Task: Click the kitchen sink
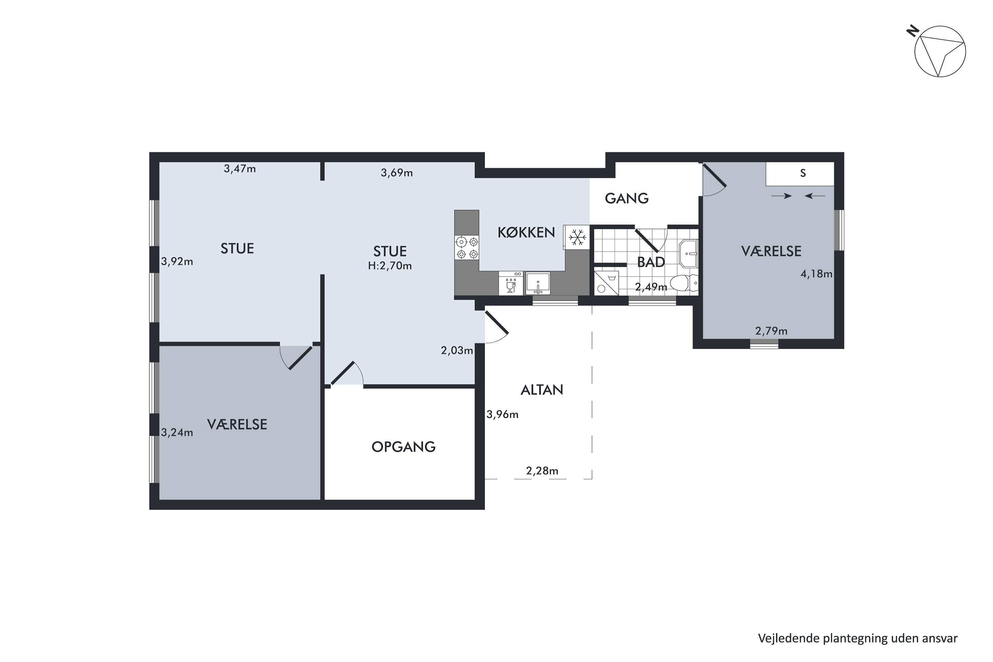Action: (x=538, y=283)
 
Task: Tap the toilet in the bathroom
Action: (x=684, y=283)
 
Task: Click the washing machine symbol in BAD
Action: (x=606, y=283)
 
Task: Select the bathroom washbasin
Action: (x=688, y=253)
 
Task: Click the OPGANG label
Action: (x=403, y=447)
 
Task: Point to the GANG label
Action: (x=627, y=198)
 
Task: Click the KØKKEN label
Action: (x=526, y=232)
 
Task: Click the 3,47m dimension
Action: (x=240, y=169)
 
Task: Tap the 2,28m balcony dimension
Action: (x=542, y=471)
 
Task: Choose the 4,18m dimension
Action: (x=817, y=274)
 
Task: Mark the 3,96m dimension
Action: (x=502, y=415)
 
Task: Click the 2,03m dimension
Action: (x=457, y=351)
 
